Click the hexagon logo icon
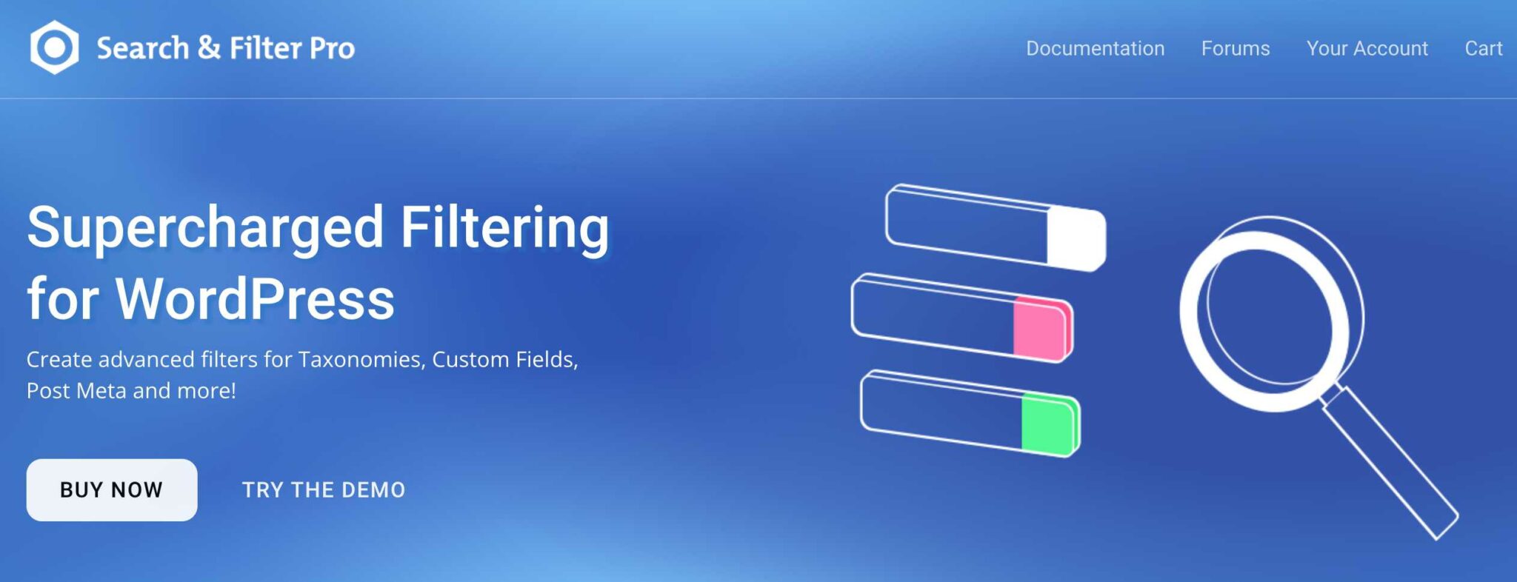[x=54, y=47]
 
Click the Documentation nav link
[x=1095, y=49]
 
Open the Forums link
[x=1235, y=49]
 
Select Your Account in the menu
[x=1367, y=49]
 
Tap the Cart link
[x=1483, y=49]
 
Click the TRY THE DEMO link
[x=324, y=490]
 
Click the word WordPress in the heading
[x=255, y=299]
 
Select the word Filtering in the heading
[x=504, y=227]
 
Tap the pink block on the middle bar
[x=1041, y=329]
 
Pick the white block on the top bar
[x=1076, y=238]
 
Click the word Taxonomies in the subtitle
[x=360, y=360]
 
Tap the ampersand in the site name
[x=209, y=48]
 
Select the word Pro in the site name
[x=332, y=49]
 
